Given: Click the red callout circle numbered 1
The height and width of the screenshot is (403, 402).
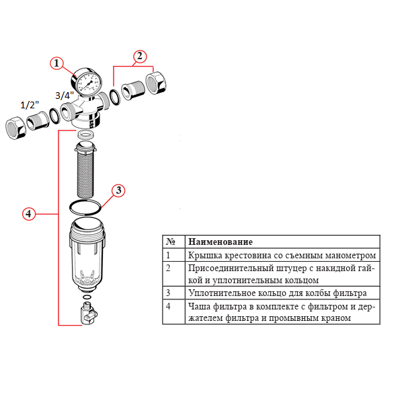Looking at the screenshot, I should tap(57, 63).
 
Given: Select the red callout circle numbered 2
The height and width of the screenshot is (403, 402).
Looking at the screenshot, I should tap(139, 56).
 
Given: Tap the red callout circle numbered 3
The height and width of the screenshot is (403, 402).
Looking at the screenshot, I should tap(118, 190).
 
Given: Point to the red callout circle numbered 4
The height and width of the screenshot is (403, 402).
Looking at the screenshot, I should tap(28, 213).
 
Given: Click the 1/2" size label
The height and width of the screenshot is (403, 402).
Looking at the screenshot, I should tap(30, 105).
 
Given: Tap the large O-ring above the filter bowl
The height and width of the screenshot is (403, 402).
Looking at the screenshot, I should tap(86, 205).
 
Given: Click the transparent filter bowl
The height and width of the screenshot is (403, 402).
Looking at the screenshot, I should tap(87, 256).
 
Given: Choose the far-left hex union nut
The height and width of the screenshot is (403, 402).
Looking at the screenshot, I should tap(15, 127).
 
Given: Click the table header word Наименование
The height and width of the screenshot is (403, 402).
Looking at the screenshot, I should tap(220, 242).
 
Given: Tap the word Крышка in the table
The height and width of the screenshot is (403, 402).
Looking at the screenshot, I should tap(205, 256).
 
